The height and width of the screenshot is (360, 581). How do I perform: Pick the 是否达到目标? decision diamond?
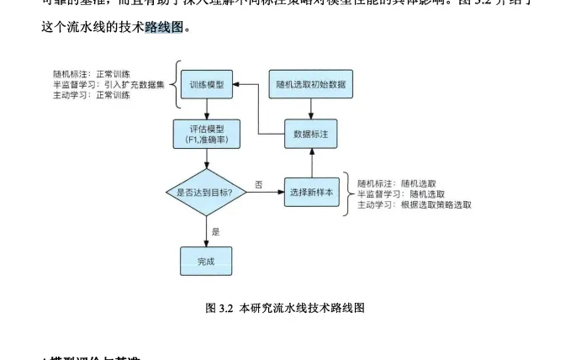tap(206, 192)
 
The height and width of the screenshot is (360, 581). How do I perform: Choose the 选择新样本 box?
tap(311, 192)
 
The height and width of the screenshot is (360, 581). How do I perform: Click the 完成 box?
tap(206, 261)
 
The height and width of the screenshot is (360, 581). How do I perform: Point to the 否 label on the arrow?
tap(258, 183)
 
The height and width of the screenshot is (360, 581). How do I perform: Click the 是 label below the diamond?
tap(215, 230)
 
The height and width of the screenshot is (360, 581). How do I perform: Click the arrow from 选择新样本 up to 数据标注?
tap(311, 161)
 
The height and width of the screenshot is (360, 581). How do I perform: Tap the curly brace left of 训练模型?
tap(177, 84)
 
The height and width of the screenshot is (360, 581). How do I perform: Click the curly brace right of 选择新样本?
tap(346, 193)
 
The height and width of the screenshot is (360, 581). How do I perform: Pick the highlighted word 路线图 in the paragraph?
tap(163, 27)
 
